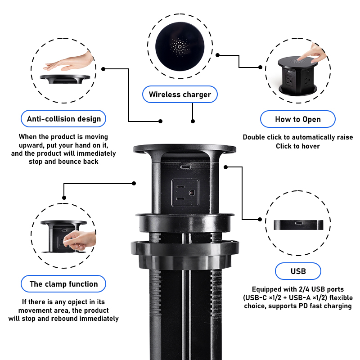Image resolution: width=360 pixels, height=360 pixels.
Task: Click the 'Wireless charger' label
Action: click(x=180, y=94)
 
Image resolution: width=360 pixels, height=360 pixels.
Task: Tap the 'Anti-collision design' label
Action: click(x=63, y=119)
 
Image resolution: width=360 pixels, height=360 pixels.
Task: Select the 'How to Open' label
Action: click(x=298, y=119)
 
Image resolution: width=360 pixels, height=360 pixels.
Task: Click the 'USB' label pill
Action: click(x=298, y=271)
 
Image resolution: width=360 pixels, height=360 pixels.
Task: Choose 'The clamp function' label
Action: click(x=63, y=284)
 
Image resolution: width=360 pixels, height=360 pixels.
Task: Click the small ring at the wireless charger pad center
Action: click(x=180, y=47)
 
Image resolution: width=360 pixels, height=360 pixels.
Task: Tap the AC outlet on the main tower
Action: click(x=185, y=193)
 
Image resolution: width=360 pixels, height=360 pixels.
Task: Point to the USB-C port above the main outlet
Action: click(x=185, y=167)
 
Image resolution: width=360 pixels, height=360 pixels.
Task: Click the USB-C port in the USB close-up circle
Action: click(x=299, y=223)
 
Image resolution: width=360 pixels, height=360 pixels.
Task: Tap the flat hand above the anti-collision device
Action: click(x=68, y=62)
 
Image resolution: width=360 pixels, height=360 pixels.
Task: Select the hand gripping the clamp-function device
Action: click(x=80, y=240)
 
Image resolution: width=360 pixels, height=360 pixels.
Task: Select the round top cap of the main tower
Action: click(x=185, y=148)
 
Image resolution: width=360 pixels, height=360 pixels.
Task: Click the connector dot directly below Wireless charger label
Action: click(x=193, y=121)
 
